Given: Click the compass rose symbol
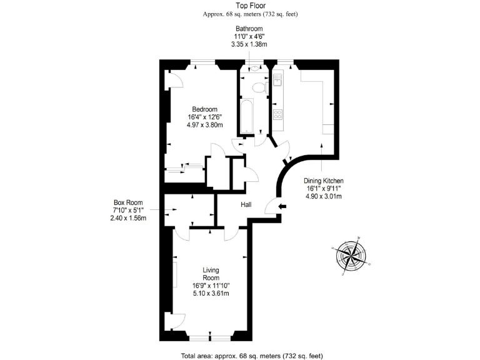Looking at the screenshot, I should (349, 255).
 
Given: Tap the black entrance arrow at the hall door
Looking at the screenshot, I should (282, 207).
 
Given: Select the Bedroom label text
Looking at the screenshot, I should (204, 109).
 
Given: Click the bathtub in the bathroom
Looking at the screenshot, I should (245, 116).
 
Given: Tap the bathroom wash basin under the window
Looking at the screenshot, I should (255, 69).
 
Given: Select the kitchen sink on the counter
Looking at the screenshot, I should (277, 80).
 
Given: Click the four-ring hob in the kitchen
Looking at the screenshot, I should (277, 114).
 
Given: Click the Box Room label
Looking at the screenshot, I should (127, 202).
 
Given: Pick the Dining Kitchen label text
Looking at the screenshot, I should (324, 181).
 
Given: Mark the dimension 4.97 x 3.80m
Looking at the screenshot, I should (204, 124).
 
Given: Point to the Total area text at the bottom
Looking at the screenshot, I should (251, 355).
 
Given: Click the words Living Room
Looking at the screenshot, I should (211, 274).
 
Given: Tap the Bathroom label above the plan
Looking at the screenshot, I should (249, 29).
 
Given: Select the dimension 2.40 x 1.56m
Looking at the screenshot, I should (127, 218).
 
